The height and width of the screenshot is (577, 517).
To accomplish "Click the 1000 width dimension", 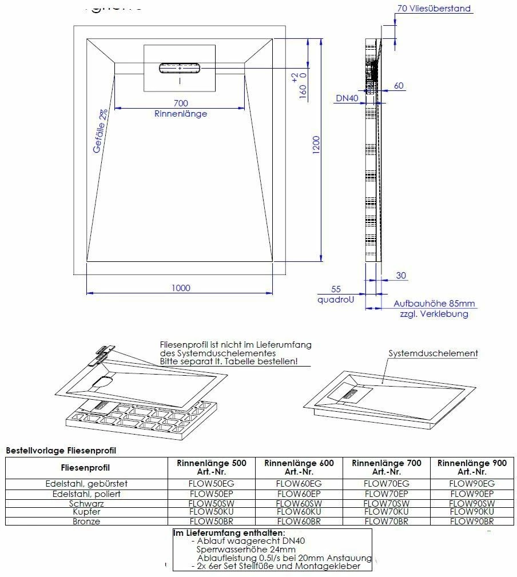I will (x=181, y=288).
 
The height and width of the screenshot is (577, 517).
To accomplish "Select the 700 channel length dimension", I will (x=180, y=103).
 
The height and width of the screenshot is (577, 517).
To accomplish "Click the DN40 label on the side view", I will (x=347, y=98).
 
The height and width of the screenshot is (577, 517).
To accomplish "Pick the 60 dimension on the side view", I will (x=399, y=86).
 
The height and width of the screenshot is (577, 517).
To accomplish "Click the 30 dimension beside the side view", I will (x=401, y=276).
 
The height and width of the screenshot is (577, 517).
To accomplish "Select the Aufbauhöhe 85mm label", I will (x=434, y=304).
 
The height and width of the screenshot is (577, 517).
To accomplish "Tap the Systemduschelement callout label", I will (x=433, y=353).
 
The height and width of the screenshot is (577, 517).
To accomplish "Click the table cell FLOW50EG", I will (x=212, y=483).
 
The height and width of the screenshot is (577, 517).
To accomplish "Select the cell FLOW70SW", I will (x=386, y=503).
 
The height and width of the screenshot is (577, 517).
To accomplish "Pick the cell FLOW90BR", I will (x=472, y=522).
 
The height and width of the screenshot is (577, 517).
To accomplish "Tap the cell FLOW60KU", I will (x=299, y=512).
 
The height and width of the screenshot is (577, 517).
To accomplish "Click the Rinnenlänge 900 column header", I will (x=472, y=467).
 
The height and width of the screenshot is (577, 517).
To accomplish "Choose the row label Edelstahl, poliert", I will (x=86, y=494).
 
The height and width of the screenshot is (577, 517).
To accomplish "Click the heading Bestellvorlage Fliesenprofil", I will (x=61, y=451).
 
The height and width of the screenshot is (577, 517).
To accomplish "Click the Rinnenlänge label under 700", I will (x=180, y=113).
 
